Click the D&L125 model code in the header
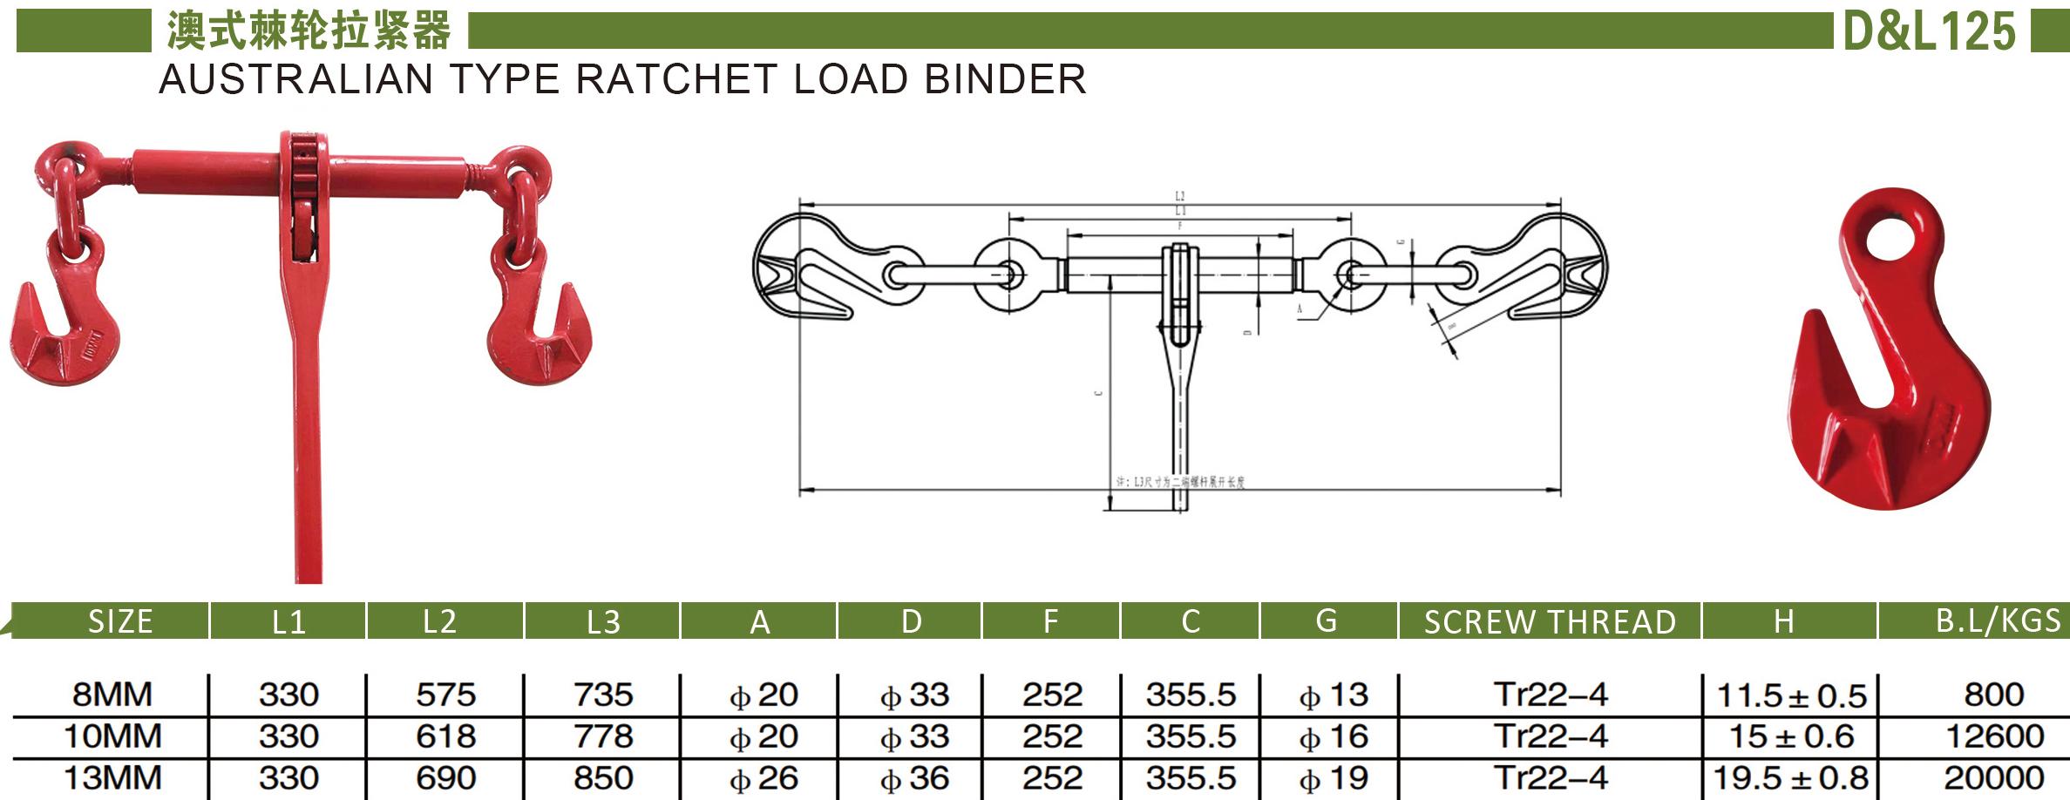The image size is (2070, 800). pyautogui.click(x=1929, y=32)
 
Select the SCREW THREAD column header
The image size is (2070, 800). pyautogui.click(x=1550, y=621)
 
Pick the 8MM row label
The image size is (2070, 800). pyautogui.click(x=112, y=695)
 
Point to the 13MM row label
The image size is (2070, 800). pyautogui.click(x=112, y=777)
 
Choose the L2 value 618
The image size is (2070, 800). pyautogui.click(x=445, y=736)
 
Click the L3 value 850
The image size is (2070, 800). pyautogui.click(x=603, y=777)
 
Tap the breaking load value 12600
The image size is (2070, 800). pyautogui.click(x=1994, y=736)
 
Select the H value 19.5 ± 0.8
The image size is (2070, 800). pyautogui.click(x=1791, y=777)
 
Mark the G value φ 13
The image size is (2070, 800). pyautogui.click(x=1334, y=695)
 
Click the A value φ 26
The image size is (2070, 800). pyautogui.click(x=764, y=777)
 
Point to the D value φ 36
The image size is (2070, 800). pyautogui.click(x=914, y=777)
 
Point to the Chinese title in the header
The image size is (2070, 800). pyautogui.click(x=309, y=32)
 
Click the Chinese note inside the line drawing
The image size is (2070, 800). pyautogui.click(x=1181, y=482)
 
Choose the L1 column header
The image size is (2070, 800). pyautogui.click(x=288, y=621)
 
